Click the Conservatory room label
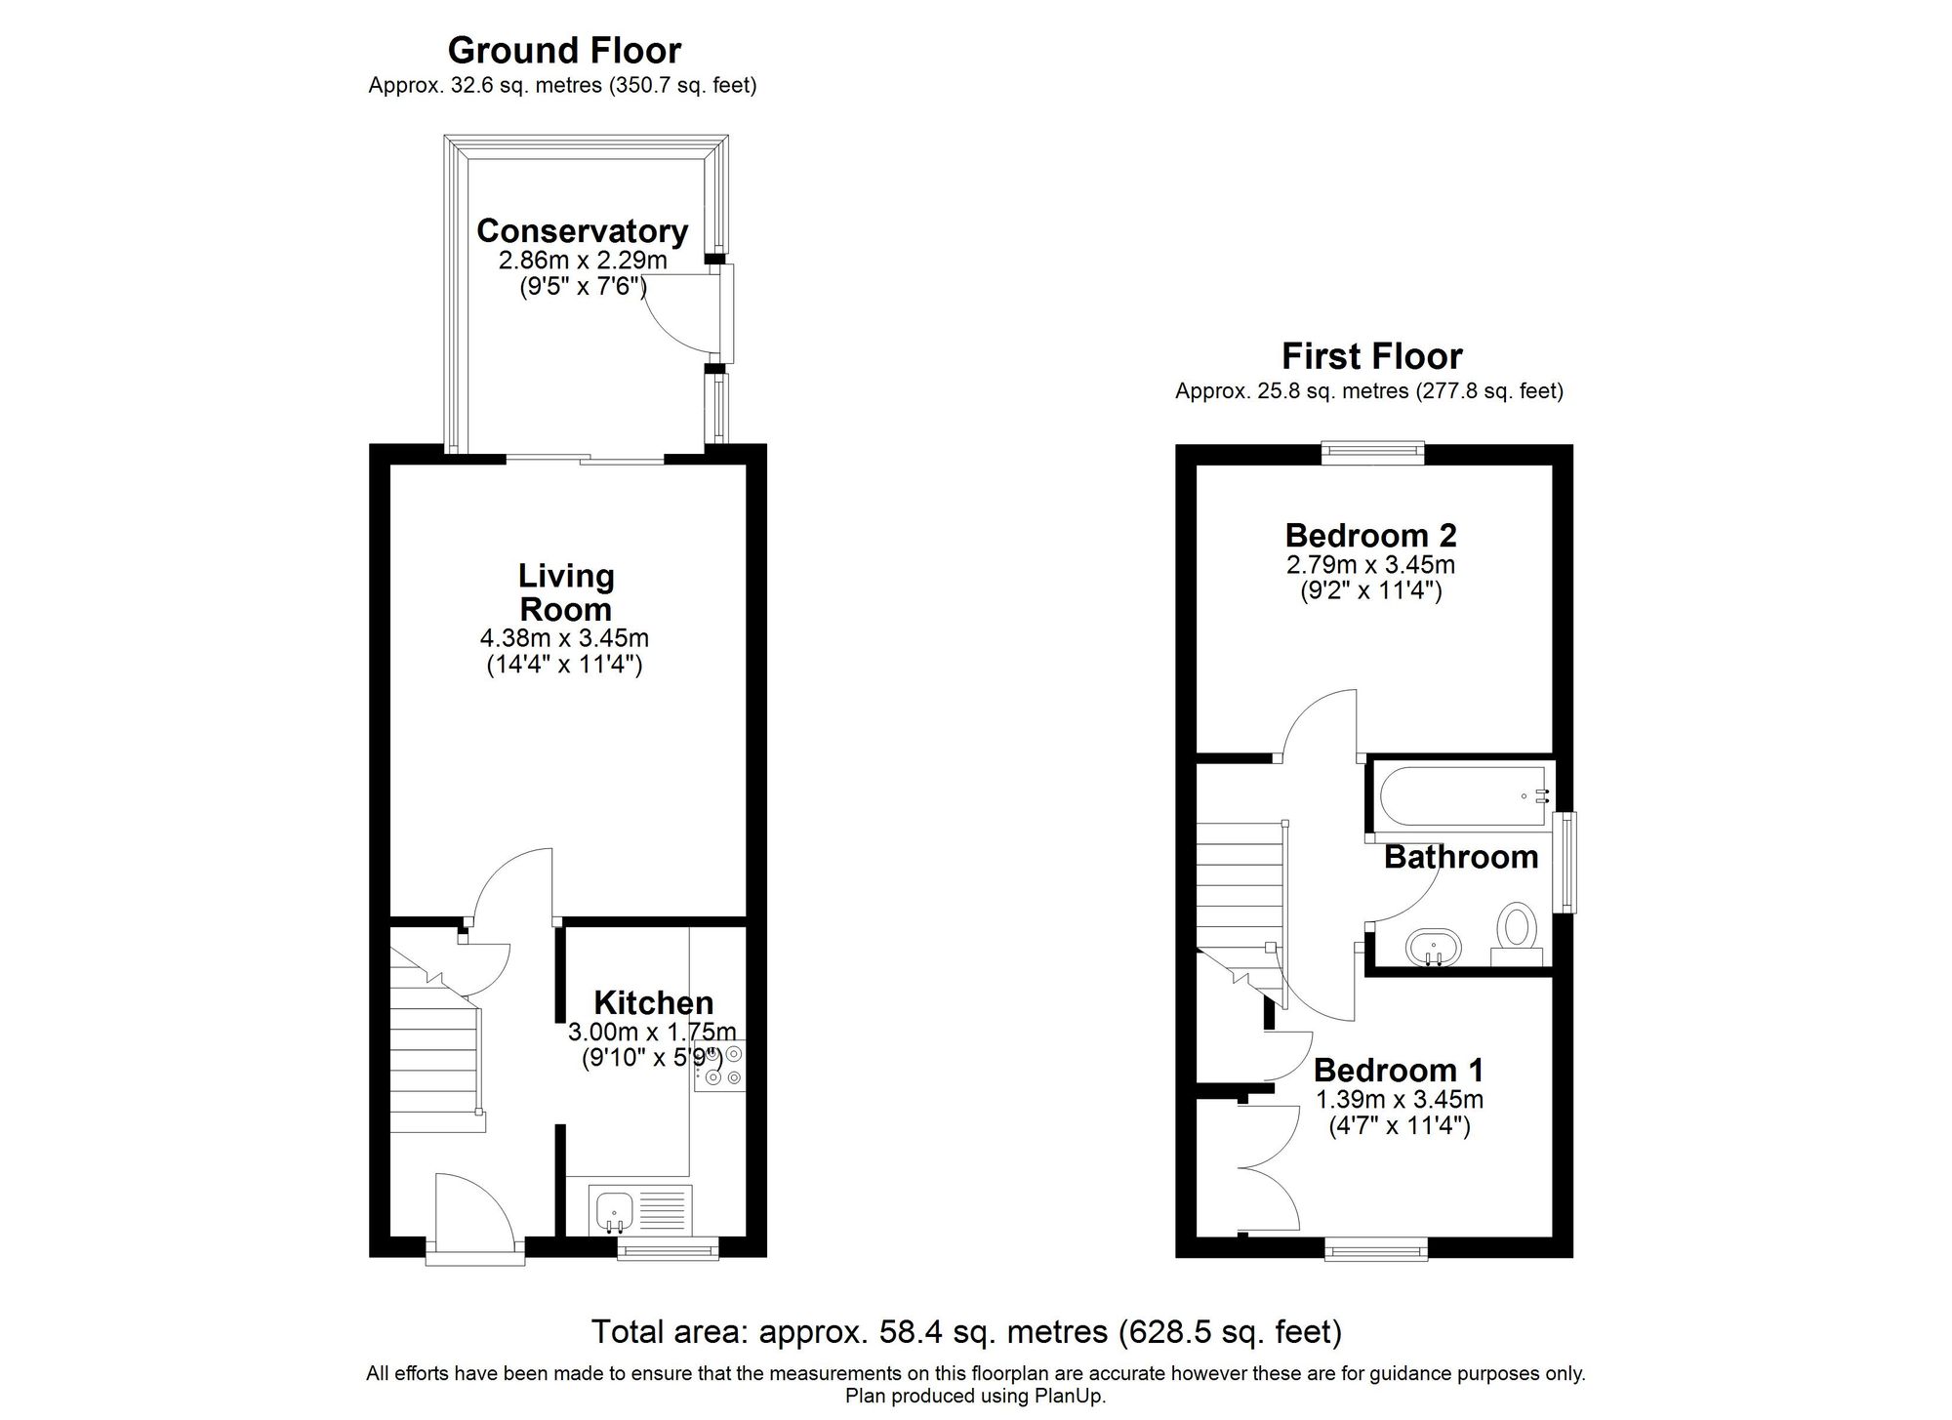point(582,231)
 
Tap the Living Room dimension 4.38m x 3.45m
point(564,639)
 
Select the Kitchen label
point(653,1002)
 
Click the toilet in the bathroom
point(1516,926)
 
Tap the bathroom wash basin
point(1433,946)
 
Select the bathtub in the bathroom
point(1461,795)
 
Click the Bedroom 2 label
point(1370,535)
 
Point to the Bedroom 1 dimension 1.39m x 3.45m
point(1399,1100)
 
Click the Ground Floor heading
point(564,50)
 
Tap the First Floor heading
point(1371,356)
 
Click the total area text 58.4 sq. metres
point(966,1331)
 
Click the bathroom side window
point(1565,863)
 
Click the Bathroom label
point(1460,857)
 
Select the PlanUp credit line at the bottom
point(975,1396)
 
